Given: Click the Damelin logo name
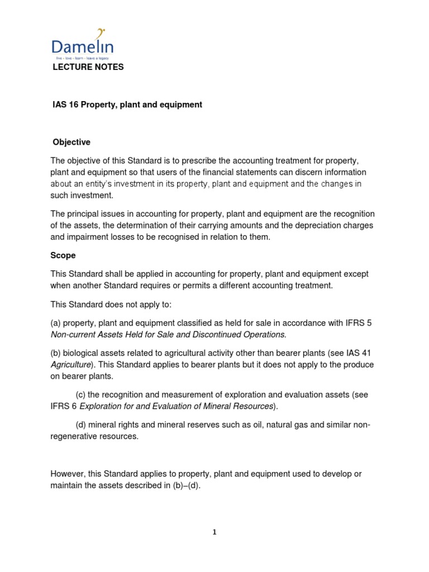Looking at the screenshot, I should coord(82,47).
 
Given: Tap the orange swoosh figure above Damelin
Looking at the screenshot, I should coord(101,33).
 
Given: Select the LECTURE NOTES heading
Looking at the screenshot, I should coord(88,67).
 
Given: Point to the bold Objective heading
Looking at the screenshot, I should coord(71,142).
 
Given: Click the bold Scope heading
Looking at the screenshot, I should coord(63,255).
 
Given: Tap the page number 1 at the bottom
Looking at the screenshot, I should coord(214,532).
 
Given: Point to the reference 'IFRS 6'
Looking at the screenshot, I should coord(61,406).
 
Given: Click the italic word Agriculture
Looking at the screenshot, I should coord(70,364).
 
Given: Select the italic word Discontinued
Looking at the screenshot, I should coord(212,334).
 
